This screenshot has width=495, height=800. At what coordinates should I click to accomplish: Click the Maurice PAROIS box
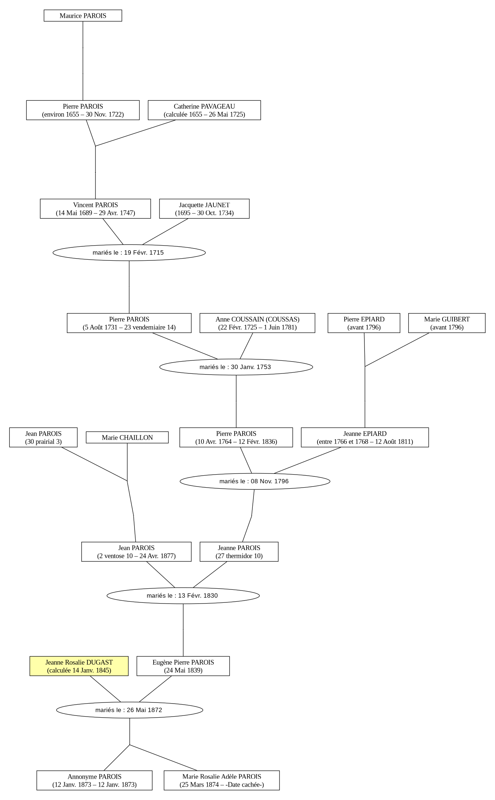click(83, 16)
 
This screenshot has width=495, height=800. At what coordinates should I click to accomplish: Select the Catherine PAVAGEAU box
click(204, 110)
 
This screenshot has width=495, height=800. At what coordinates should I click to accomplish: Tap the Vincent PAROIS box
click(95, 209)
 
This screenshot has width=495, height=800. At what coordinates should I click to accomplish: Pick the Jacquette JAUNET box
click(204, 209)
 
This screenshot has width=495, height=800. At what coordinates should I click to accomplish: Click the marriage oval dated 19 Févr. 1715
click(129, 252)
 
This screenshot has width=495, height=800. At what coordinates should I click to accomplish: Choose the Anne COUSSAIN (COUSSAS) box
click(257, 323)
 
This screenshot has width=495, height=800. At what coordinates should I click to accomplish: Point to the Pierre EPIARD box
click(364, 323)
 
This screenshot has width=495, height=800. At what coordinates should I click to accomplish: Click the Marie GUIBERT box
click(447, 323)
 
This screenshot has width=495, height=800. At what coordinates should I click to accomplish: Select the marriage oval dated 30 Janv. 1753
click(236, 367)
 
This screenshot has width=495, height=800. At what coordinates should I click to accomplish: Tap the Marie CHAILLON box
click(127, 437)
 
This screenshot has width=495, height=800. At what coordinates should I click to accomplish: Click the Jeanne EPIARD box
click(365, 437)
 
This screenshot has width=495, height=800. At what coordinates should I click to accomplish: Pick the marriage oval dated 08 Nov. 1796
click(255, 481)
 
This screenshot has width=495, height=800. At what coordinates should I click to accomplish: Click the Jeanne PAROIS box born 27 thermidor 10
click(239, 552)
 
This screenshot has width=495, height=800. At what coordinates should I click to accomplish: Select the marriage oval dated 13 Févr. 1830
click(183, 596)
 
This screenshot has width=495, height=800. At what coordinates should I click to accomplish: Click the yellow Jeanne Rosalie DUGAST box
click(79, 666)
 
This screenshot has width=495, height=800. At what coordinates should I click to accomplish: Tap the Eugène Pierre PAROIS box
click(183, 666)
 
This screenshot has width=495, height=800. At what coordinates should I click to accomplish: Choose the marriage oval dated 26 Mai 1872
click(129, 710)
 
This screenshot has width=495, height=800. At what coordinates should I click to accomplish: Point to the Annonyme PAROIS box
click(94, 780)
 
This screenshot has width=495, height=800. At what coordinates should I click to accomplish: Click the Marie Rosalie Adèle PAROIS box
click(222, 780)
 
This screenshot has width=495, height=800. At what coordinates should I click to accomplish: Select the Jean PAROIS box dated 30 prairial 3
click(43, 437)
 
